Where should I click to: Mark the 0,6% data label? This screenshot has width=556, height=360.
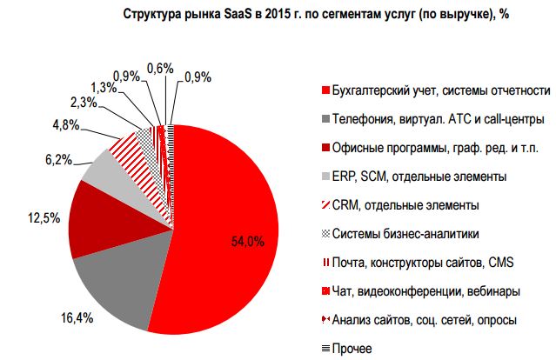point(160,67)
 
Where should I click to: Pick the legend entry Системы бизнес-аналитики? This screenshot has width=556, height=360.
point(406,233)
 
